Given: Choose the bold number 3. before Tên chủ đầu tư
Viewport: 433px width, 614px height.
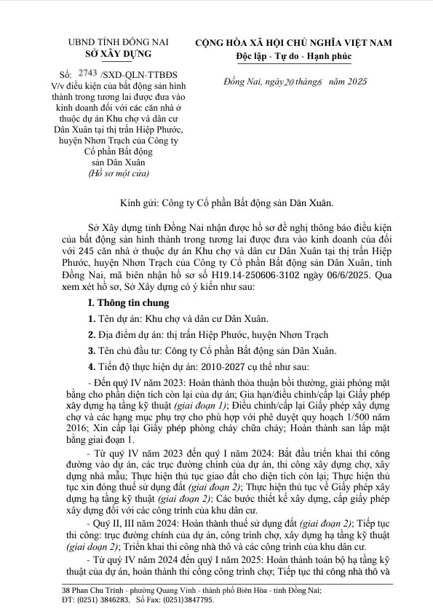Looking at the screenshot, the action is [x=92, y=350].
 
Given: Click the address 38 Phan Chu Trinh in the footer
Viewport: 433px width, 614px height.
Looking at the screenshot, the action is [x=92, y=589].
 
